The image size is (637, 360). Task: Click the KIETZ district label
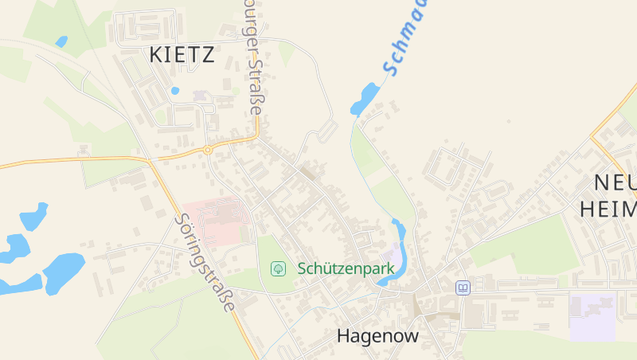pos(182,55)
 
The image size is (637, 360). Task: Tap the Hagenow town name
pos(377,335)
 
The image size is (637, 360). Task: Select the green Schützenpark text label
pos(346,268)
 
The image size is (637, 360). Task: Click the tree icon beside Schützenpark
pos(279,268)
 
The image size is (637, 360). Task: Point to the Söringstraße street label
pos(205,262)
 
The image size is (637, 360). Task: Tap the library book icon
pos(462,288)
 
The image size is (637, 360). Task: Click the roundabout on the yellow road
pos(207,149)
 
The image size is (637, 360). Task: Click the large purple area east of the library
pos(592,316)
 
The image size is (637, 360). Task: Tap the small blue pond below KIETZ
pos(175,91)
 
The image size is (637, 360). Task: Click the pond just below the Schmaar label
pos(365,99)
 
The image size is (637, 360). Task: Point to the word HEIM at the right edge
pos(608,209)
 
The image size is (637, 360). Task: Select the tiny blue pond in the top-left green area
pos(61,41)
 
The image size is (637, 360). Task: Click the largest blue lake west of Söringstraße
pos(64,271)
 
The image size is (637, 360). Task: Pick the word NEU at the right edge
pos(615,182)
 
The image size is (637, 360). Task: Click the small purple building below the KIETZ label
pos(199,96)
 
